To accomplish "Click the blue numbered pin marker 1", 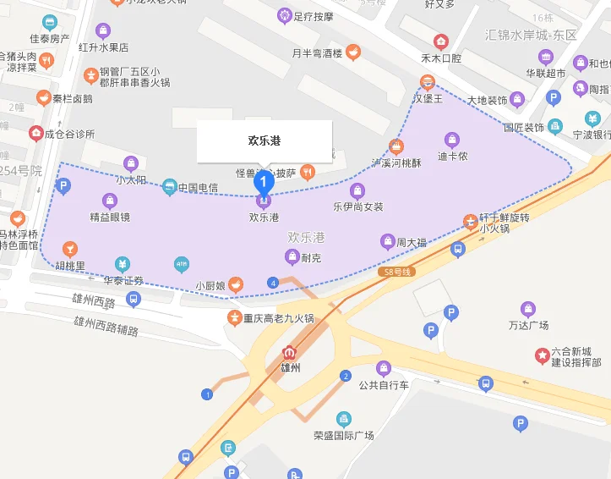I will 265,180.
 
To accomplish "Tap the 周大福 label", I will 412,243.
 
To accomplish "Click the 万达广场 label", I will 529,325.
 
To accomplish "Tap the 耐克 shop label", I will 311,258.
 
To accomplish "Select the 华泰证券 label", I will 124,280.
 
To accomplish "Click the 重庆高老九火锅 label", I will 279,319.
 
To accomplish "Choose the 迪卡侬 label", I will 453,156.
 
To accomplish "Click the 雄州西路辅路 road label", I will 106,325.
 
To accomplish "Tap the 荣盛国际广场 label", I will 343,435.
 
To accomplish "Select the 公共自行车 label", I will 384,385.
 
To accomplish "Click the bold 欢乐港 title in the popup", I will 265,140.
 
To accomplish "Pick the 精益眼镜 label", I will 110,217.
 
